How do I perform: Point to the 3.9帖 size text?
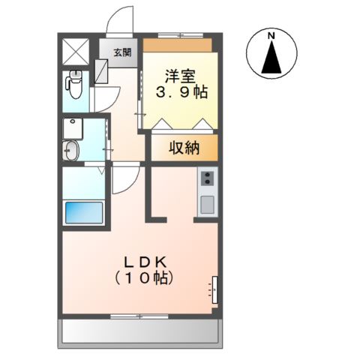pyautogui.click(x=181, y=94)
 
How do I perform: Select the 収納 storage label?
pyautogui.click(x=182, y=148)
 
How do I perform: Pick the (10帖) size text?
pyautogui.click(x=144, y=278)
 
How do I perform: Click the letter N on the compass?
pyautogui.click(x=272, y=35)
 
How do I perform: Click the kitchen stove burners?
pyautogui.click(x=207, y=178)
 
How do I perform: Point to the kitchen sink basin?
pyautogui.click(x=207, y=203)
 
